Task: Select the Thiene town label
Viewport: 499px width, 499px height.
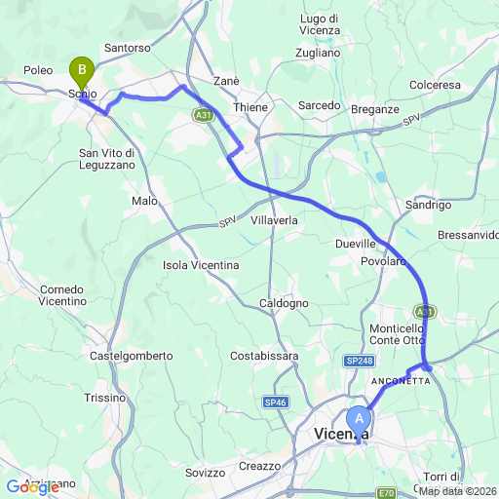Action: coord(250,107)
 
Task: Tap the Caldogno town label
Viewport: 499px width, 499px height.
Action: coord(285,303)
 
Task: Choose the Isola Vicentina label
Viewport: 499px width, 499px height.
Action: coord(201,264)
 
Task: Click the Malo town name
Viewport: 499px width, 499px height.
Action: coord(144,200)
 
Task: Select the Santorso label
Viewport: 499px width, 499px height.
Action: coord(127,47)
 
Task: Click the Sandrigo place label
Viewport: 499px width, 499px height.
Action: coord(428,206)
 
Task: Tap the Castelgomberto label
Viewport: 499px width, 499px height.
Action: coord(131,356)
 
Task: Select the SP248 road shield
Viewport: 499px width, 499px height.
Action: coord(359,362)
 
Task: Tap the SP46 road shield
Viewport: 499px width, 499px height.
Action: coord(275,401)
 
